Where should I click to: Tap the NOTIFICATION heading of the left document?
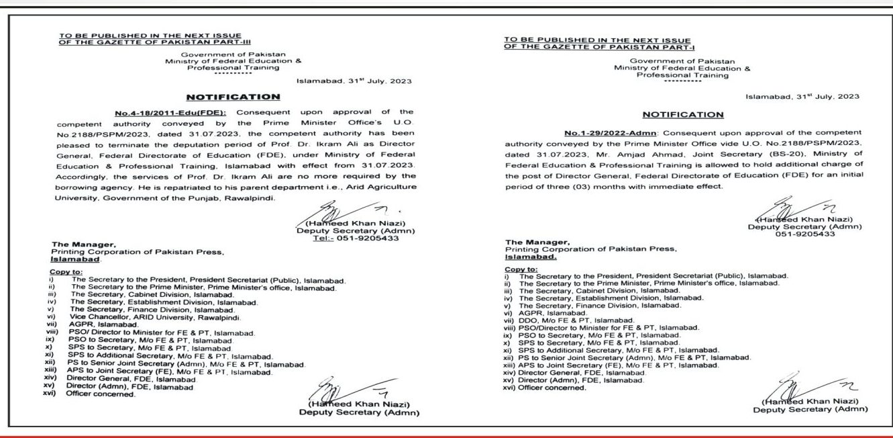pyautogui.click(x=233, y=97)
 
